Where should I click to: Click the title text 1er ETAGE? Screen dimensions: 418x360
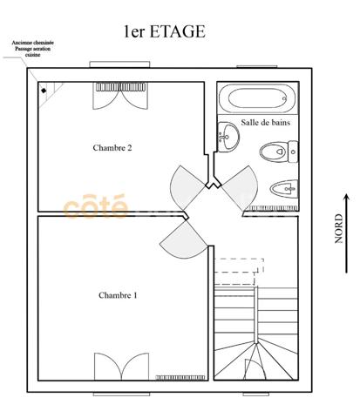[x=164, y=33]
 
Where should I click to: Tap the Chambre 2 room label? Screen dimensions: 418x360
[x=112, y=148]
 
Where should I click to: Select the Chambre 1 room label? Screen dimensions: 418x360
[x=118, y=295]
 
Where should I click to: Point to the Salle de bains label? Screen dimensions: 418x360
[x=265, y=124]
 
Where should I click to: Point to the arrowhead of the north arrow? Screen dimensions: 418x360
[x=346, y=199]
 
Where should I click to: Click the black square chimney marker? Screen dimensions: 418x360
[x=43, y=89]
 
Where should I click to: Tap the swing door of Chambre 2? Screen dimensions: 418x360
[x=188, y=183]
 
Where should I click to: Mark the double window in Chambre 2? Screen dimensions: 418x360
[x=117, y=95]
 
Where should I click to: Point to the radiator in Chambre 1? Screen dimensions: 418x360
[x=180, y=377]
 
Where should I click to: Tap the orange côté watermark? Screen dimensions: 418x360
[x=96, y=207]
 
